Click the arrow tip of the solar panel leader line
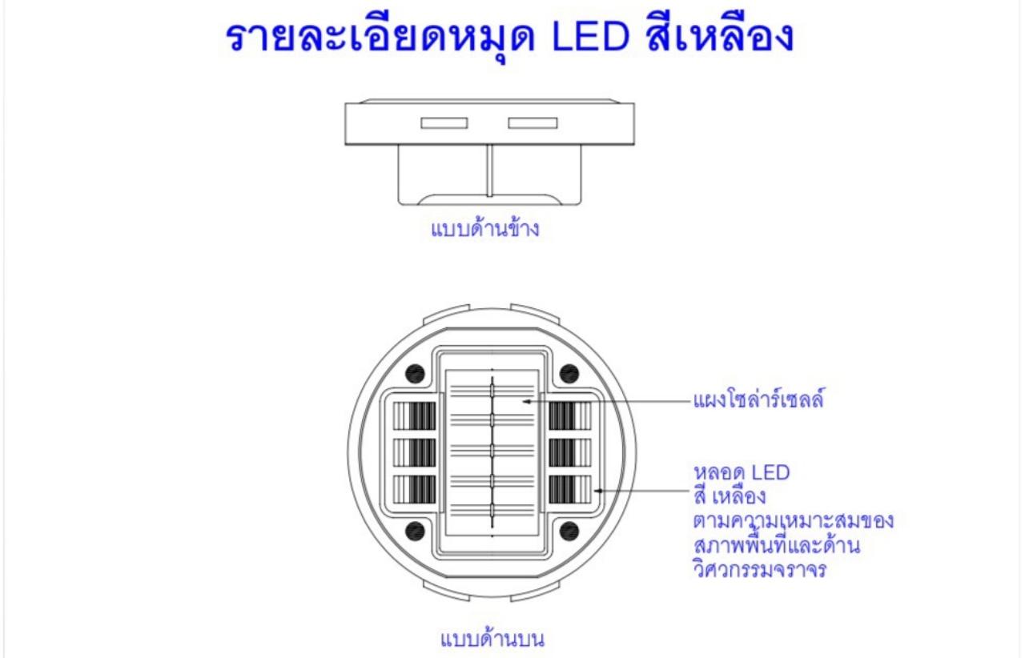(x=523, y=402)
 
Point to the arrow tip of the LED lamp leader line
(x=594, y=491)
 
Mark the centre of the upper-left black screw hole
(x=415, y=373)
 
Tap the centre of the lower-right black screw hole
(x=569, y=531)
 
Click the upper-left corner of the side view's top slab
(x=345, y=104)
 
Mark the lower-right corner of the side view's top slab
(x=634, y=145)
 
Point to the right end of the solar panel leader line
(x=690, y=402)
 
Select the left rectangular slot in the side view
(x=444, y=123)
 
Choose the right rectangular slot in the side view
(x=533, y=123)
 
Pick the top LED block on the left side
(x=415, y=416)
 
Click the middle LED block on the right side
(x=569, y=452)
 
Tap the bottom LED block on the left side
(x=415, y=490)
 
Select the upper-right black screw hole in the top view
(x=569, y=373)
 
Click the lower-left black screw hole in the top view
(x=415, y=531)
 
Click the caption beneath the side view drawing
(x=485, y=228)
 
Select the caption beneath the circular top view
(x=492, y=638)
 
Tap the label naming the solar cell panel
(x=758, y=398)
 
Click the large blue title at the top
(x=509, y=36)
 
